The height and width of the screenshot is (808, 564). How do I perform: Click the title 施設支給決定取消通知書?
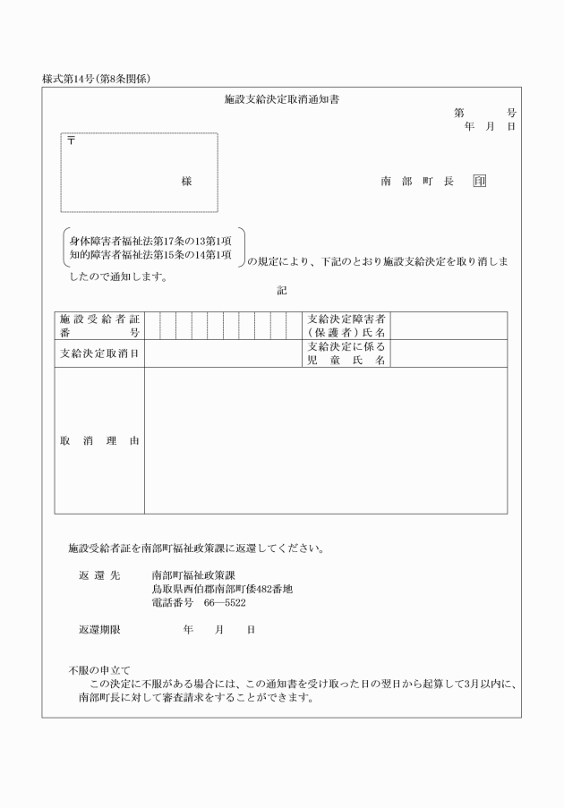coord(281,100)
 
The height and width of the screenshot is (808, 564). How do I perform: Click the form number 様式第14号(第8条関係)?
coord(96,79)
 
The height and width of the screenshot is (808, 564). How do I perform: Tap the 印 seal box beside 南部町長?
coord(480,182)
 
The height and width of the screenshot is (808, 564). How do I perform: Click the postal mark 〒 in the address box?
coord(71,141)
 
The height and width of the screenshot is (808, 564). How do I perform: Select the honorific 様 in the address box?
coord(186,182)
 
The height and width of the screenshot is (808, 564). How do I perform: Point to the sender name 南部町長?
coord(417,182)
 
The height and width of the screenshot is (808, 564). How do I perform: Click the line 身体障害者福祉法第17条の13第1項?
coord(150,241)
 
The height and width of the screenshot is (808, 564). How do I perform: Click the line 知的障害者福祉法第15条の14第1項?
coord(150,255)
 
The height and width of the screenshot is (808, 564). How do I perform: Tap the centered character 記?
coord(281,289)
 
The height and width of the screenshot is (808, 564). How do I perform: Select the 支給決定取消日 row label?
coord(99,353)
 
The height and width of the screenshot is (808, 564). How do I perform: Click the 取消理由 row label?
coord(99,441)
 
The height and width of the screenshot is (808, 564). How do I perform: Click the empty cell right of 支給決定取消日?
coord(222,353)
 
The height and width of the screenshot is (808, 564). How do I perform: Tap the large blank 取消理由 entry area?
coord(325,441)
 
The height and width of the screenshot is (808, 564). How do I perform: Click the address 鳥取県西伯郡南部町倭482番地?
coord(222,590)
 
